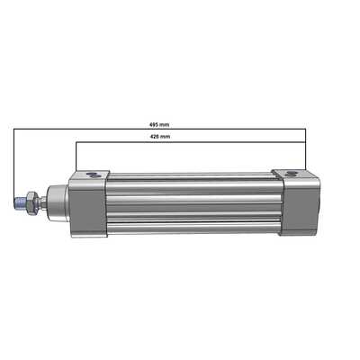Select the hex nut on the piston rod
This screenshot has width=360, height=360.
point(30,202)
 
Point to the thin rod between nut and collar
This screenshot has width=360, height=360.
point(39,202)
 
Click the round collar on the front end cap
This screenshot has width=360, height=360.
point(53,202)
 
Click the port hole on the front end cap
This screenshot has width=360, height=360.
point(90,173)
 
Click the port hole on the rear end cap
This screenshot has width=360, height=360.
point(290,170)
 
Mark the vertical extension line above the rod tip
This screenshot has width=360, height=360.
point(14,162)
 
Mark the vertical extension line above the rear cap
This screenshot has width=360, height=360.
point(306,148)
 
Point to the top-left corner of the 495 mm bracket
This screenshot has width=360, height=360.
point(14,129)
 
